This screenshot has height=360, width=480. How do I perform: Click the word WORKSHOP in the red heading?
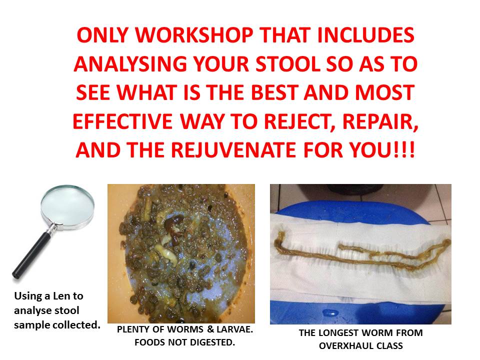(194, 35)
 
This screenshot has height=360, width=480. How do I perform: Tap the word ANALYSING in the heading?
(130, 64)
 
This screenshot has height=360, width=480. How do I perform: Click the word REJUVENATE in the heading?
(233, 150)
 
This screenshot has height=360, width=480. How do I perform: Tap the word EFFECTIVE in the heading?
(123, 122)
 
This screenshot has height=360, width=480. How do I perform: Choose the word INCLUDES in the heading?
(365, 35)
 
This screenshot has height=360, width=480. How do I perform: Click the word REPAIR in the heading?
(380, 122)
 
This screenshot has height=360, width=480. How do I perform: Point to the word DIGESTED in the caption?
(212, 342)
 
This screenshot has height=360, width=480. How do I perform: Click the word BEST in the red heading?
(275, 93)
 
